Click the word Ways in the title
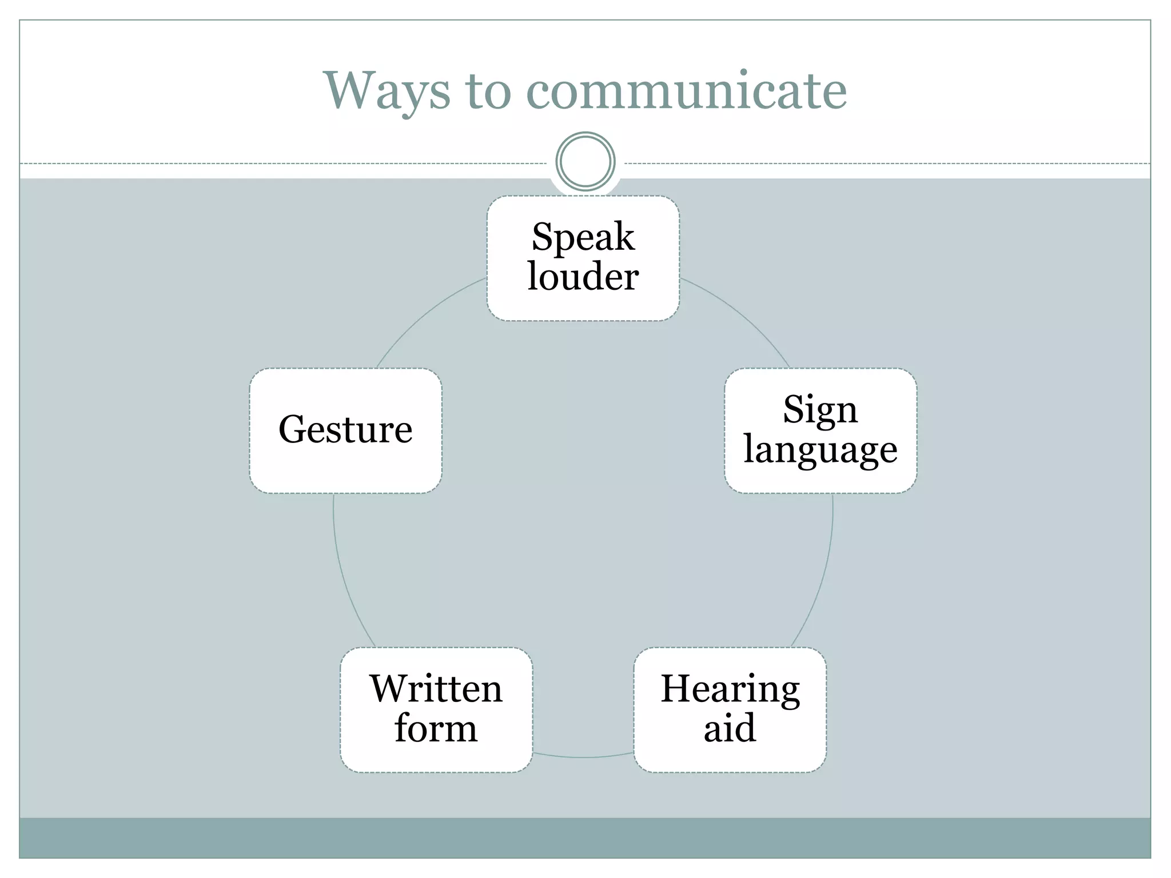tap(387, 91)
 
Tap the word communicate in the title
tap(686, 91)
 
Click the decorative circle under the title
tap(585, 161)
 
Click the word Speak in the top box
tap(583, 237)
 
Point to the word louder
tap(583, 277)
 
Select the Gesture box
tap(345, 430)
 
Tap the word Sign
tap(820, 410)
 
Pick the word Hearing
tap(730, 689)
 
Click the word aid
tap(730, 729)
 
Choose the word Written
tap(436, 689)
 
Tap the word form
tap(436, 729)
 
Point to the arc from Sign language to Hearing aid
tap(824, 572)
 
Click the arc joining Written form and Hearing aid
tap(583, 757)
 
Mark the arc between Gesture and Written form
tap(342, 572)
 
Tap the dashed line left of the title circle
tap(286, 164)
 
